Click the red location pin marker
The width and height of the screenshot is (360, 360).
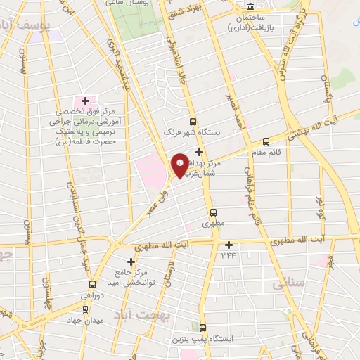tap(180, 166)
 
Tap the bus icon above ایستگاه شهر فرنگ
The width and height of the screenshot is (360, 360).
tap(193, 120)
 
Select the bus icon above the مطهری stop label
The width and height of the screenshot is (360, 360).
tap(213, 212)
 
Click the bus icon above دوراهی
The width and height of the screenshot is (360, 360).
tap(92, 285)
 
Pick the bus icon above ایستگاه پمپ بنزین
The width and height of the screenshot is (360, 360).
tap(203, 328)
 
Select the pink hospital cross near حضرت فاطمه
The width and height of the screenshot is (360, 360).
tap(85, 101)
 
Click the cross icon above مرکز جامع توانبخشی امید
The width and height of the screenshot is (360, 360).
tap(130, 262)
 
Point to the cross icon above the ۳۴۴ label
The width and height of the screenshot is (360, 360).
tap(229, 245)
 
